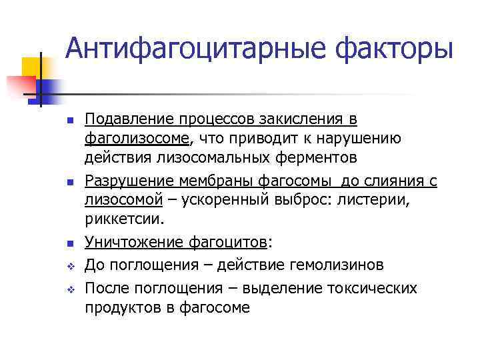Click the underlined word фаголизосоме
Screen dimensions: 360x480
point(137,139)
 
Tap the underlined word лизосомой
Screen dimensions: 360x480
point(123,200)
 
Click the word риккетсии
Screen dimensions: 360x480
point(123,219)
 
